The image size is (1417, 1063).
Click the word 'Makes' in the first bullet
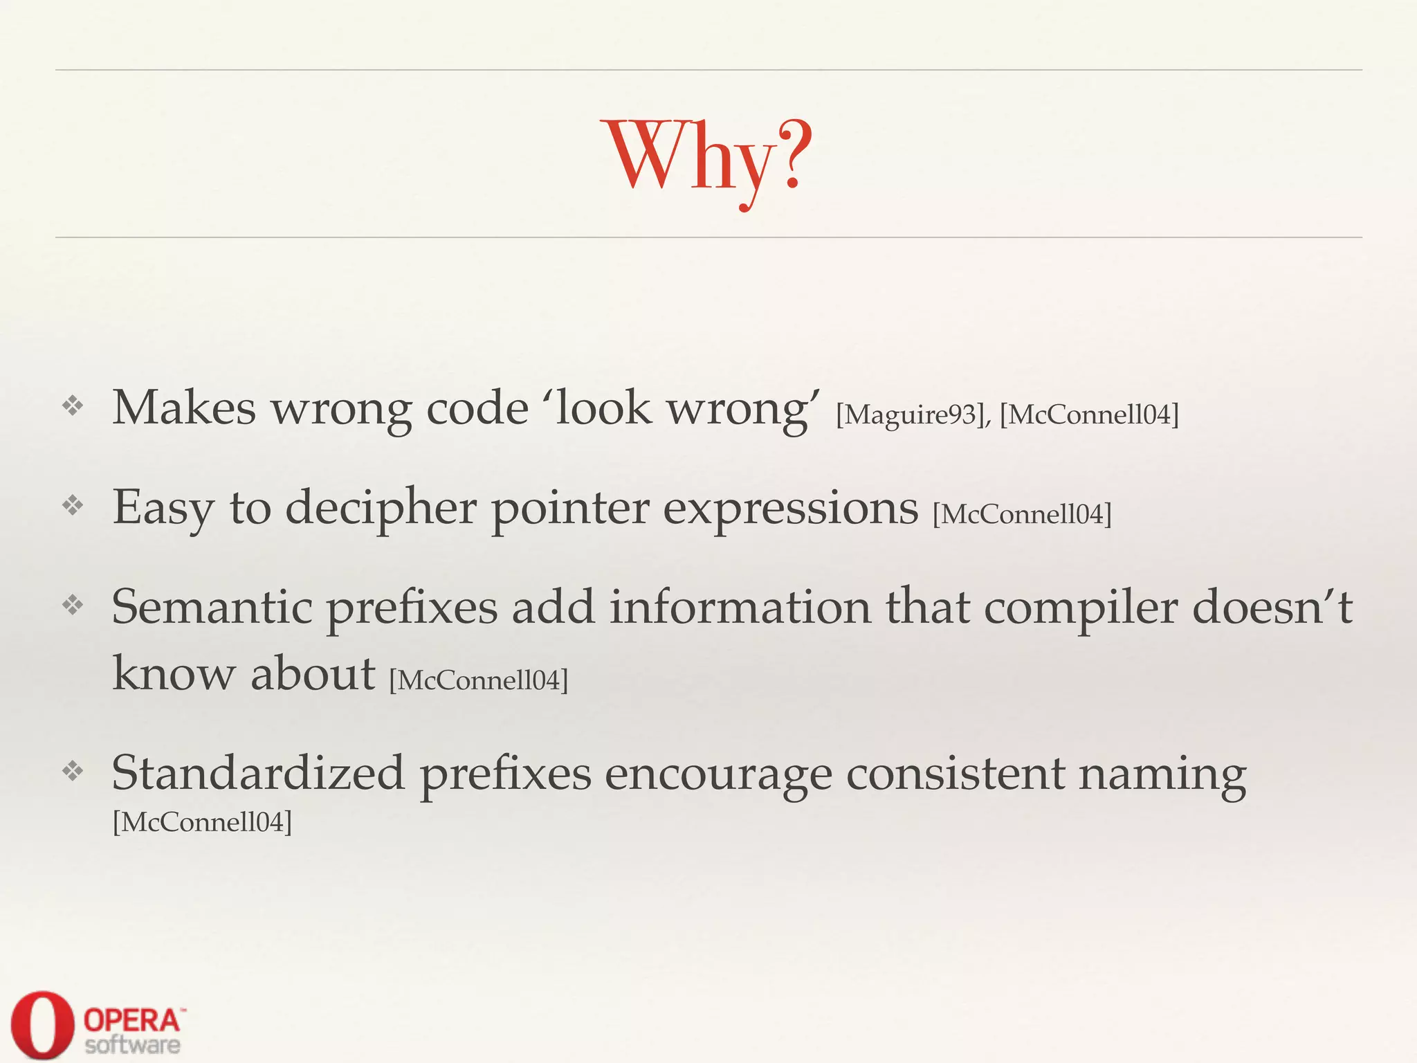[184, 408]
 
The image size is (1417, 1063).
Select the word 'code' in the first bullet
[477, 408]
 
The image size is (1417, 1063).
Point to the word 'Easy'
[163, 509]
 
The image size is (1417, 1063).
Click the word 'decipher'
[381, 509]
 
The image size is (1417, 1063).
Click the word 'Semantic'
[212, 607]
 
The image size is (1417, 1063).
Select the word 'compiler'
[1081, 608]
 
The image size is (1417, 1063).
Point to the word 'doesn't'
[1273, 607]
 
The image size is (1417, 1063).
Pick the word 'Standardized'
[258, 773]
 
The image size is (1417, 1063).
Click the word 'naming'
[1162, 774]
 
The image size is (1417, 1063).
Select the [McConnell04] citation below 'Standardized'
[202, 822]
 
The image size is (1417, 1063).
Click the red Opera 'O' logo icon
[42, 1025]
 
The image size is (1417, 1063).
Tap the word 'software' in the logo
[133, 1044]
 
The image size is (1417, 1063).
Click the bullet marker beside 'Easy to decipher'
[73, 505]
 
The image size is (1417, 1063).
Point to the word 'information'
[740, 607]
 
